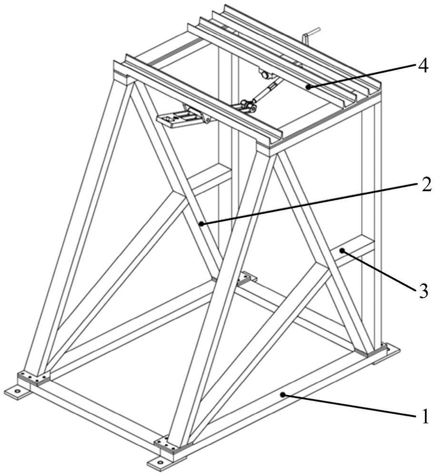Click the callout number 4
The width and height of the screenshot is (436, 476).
point(423,66)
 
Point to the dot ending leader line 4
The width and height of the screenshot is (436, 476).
point(308,87)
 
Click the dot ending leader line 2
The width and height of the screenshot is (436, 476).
point(201,224)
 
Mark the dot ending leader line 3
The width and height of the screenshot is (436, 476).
point(342,250)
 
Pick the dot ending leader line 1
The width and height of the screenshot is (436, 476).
point(283,395)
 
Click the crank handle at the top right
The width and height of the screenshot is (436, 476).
point(310,36)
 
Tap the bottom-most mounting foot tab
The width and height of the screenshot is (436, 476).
point(161,463)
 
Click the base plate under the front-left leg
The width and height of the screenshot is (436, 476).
point(34,377)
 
